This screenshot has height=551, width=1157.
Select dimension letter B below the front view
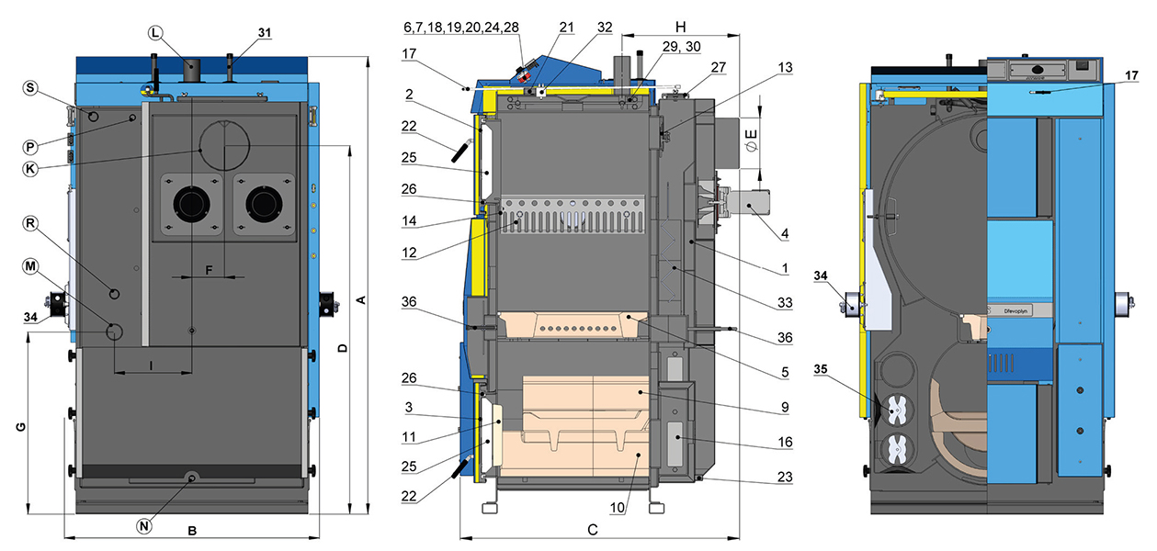(192, 530)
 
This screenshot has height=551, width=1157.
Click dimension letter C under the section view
(593, 529)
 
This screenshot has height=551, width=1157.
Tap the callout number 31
(265, 33)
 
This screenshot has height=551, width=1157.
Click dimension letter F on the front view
(209, 270)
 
